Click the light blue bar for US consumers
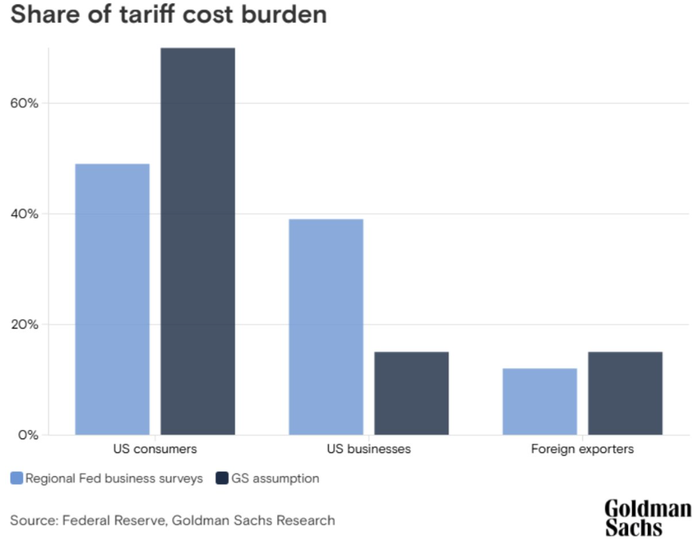tap(112, 299)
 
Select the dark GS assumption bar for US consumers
tap(197, 241)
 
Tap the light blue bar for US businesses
tap(325, 327)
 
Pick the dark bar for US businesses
tap(411, 393)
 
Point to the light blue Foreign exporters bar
tap(539, 401)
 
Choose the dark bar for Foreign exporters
tap(625, 393)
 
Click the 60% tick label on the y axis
tap(25, 103)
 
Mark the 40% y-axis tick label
tap(25, 214)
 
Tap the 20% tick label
tap(25, 324)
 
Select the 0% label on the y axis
tap(28, 435)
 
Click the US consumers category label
tap(155, 450)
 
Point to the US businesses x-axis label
tap(369, 450)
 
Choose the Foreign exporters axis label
tap(582, 450)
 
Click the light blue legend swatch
tap(16, 478)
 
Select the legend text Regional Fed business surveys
tap(114, 478)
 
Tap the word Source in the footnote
tap(33, 520)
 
